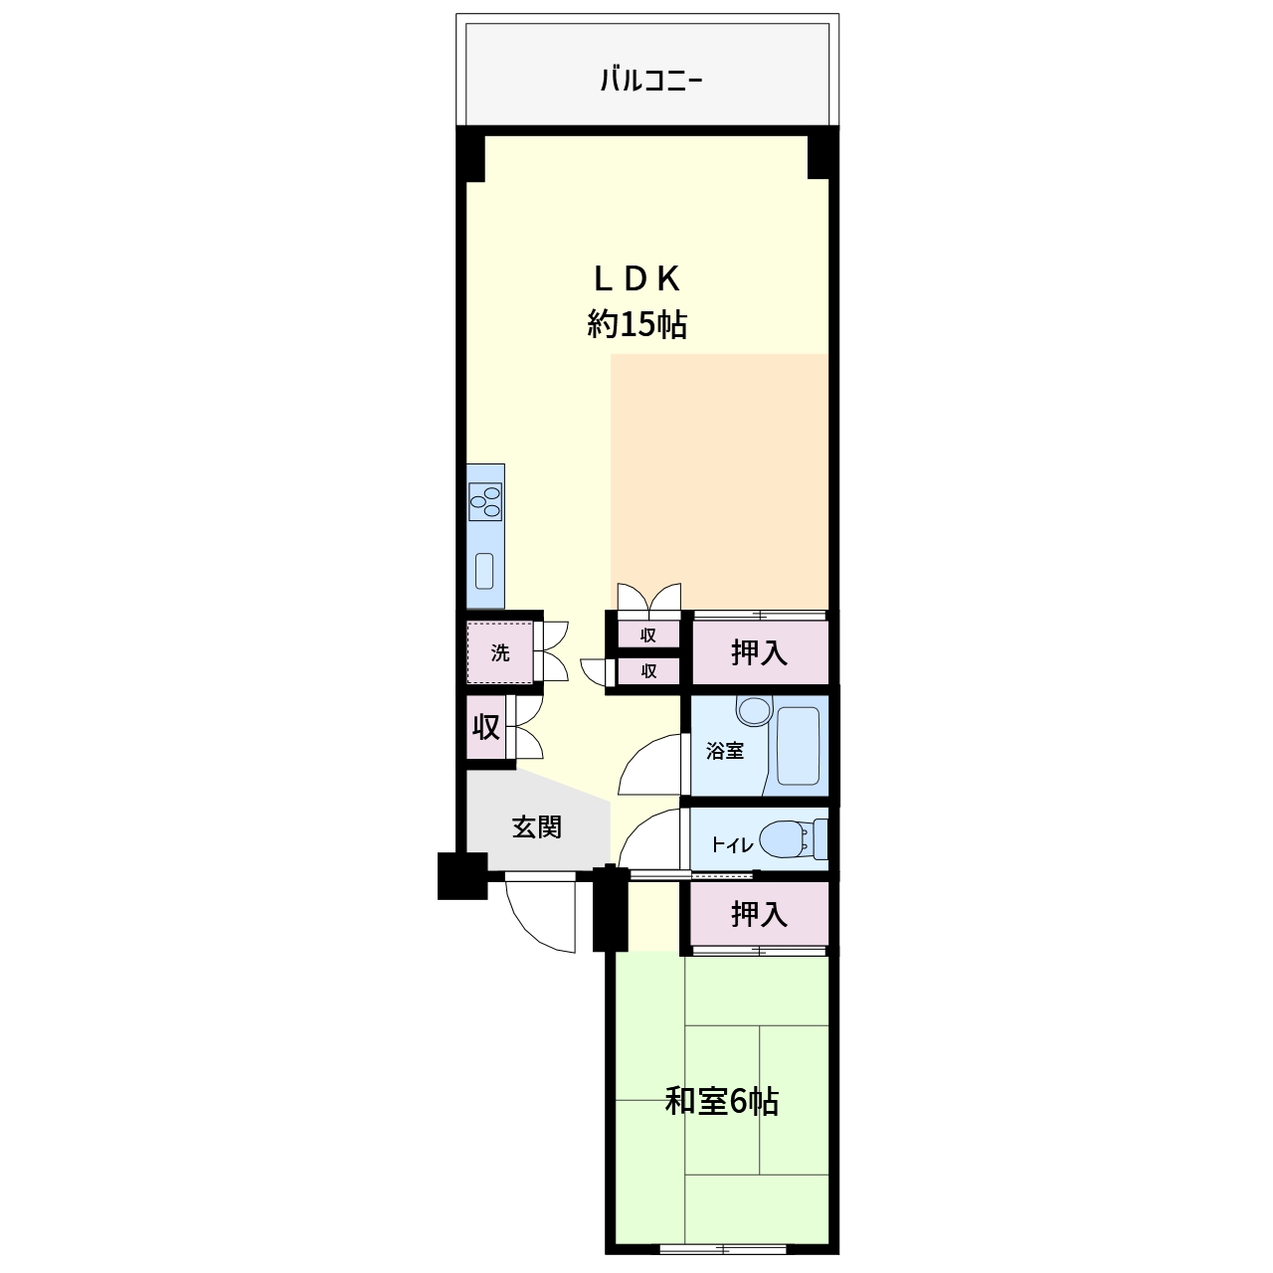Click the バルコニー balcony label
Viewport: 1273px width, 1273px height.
[x=650, y=82]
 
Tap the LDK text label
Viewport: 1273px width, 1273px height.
[x=636, y=279]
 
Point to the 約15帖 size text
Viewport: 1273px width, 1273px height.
[x=636, y=323]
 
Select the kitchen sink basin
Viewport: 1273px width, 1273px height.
[x=484, y=571]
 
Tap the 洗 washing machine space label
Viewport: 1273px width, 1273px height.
[x=500, y=652]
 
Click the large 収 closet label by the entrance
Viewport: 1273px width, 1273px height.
[x=485, y=727]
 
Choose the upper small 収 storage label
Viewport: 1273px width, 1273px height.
[x=648, y=636]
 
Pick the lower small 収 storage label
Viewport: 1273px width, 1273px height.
[x=648, y=671]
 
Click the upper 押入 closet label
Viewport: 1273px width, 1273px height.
[x=759, y=652]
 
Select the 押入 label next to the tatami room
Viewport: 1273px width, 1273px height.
[x=759, y=914]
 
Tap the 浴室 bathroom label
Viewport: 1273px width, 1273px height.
[x=725, y=751]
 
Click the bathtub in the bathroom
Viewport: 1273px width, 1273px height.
[x=798, y=747]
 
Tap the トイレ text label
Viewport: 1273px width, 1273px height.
[x=732, y=845]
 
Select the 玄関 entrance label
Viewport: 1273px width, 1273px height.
[x=536, y=827]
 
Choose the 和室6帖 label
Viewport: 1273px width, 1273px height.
[x=721, y=1101]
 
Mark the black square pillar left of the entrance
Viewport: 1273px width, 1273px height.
[x=462, y=876]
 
